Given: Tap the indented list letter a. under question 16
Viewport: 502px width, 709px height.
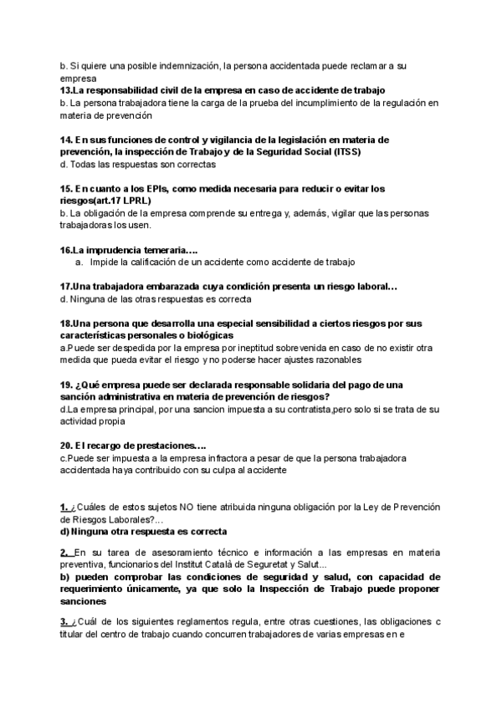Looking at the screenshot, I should (78, 262).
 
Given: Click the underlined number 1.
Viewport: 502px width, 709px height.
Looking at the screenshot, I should (64, 507).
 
